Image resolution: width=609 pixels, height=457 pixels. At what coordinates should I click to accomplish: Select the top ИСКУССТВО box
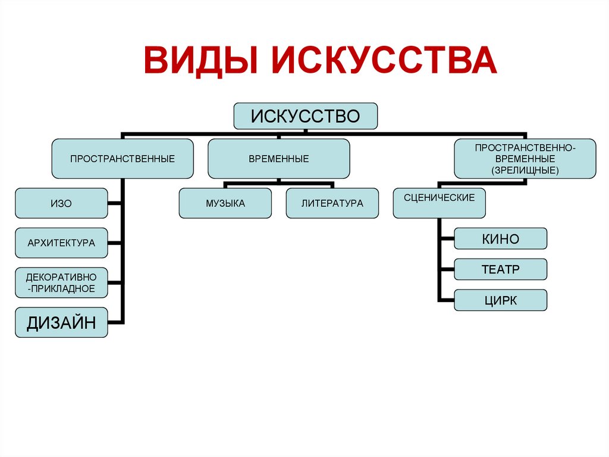pos(305,116)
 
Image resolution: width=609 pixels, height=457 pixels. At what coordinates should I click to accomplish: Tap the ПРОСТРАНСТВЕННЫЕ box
pos(123,158)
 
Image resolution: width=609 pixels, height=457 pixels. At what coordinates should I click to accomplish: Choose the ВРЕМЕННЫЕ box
pos(278,158)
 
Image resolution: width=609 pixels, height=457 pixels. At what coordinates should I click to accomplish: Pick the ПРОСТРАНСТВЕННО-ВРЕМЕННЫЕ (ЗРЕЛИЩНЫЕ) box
pos(524,158)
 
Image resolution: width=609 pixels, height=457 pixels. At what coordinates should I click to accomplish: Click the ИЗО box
pos(61,203)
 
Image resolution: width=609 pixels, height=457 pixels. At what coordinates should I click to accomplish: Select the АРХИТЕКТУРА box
pos(61,243)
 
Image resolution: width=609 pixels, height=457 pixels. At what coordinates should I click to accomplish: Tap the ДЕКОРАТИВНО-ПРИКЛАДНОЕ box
pos(61,282)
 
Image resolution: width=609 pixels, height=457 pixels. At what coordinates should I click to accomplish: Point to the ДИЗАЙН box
pos(61,322)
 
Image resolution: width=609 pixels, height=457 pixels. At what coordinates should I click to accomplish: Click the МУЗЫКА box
pos(225,203)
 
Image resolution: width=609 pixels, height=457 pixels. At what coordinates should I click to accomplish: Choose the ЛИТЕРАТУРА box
pos(332,203)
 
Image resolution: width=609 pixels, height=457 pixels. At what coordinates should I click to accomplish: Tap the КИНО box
pos(500,239)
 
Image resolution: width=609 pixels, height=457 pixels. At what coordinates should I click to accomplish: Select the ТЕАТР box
pos(500,269)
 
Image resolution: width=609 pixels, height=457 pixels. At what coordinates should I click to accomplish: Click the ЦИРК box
pos(500,300)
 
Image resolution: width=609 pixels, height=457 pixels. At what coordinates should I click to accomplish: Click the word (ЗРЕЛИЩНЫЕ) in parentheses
pos(524,170)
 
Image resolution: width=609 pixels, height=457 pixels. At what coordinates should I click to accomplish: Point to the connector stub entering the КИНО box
pos(447,239)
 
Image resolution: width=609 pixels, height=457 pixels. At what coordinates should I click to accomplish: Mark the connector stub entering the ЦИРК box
pos(447,300)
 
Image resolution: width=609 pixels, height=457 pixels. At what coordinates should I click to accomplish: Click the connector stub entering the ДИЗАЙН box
pos(116,322)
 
